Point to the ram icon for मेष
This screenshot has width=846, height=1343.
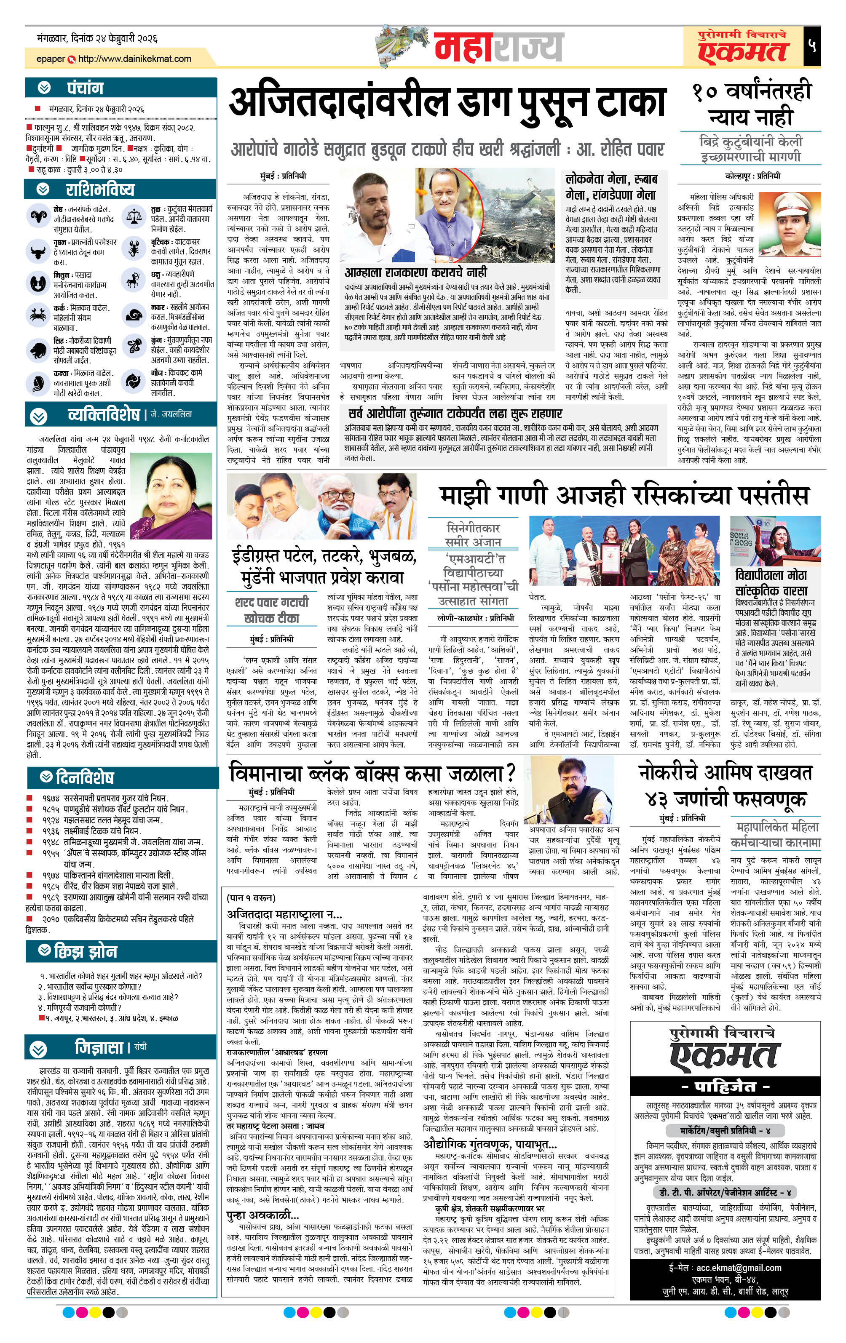(x=39, y=216)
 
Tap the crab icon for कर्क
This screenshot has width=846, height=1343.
(x=39, y=314)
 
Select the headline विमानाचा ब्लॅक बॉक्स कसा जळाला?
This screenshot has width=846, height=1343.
(x=372, y=773)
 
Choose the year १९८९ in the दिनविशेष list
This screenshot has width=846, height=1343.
(x=51, y=897)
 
